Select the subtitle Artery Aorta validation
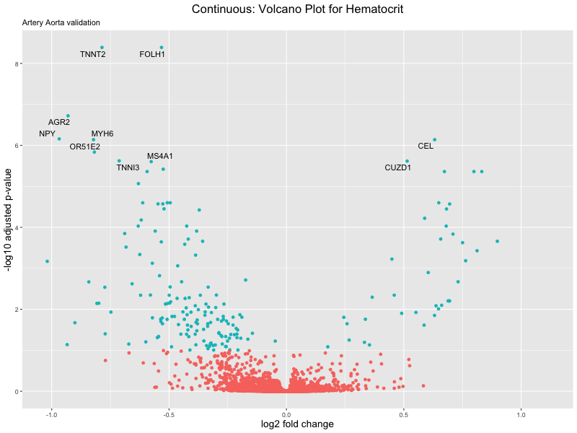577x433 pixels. pos(61,22)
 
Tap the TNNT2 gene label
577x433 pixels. pos(93,54)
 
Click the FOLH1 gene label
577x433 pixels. pos(152,54)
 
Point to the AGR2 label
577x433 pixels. pos(59,122)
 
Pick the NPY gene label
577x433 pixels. pos(47,134)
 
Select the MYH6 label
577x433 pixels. pos(102,134)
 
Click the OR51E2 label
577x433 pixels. pos(85,146)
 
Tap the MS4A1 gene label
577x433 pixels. pos(160,156)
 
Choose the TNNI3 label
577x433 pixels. pos(128,167)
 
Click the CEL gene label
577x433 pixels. pos(426,146)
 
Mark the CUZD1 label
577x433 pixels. pos(398,167)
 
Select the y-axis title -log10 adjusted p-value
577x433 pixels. pos(9,219)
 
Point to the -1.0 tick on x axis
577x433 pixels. pos(51,416)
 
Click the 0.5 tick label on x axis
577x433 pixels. pos(404,416)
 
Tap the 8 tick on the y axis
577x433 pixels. pos(16,64)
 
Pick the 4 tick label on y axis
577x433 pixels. pos(16,228)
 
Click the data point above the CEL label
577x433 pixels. pos(434,139)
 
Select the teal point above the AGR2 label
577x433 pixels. pos(68,115)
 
